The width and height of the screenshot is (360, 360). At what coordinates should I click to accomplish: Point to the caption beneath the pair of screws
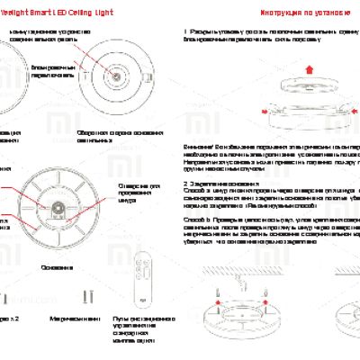tap(78, 319)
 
